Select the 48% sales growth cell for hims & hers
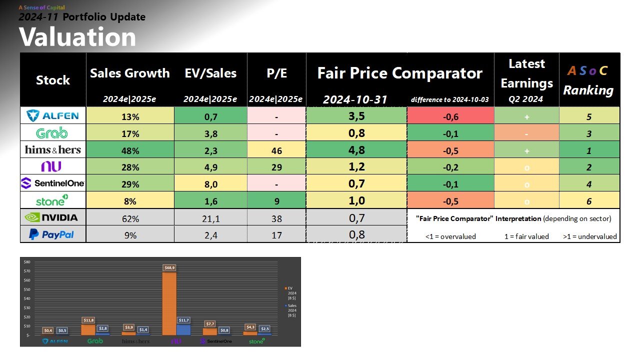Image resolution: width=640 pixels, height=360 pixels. click(130, 149)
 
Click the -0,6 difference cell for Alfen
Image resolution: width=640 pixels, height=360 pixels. click(450, 116)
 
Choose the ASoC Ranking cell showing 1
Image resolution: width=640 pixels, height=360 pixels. click(589, 149)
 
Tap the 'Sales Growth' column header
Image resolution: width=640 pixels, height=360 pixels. click(130, 73)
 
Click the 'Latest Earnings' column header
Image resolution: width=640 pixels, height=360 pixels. click(526, 73)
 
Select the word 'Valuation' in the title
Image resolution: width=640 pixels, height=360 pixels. click(77, 37)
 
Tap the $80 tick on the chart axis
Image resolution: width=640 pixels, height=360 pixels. click(27, 262)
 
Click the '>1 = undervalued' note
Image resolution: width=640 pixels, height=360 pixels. click(590, 236)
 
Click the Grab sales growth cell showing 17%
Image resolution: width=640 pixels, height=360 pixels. click(130, 133)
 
